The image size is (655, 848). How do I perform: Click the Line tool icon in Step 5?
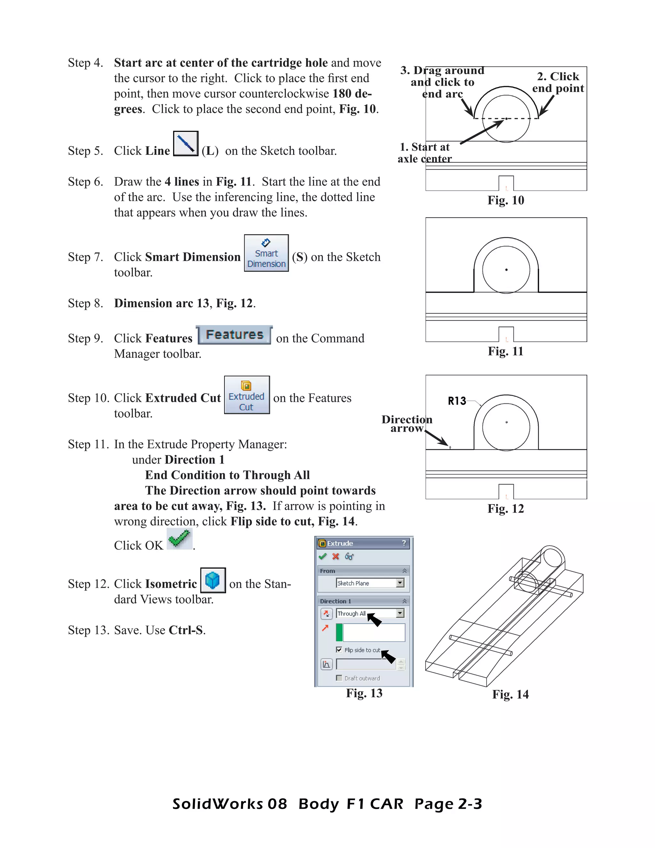185,144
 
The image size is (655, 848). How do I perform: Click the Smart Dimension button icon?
266,253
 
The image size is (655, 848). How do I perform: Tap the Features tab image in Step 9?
234,335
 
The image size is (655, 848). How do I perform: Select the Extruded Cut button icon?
247,395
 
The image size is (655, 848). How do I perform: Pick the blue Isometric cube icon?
213,580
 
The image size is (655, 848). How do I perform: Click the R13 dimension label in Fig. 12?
457,401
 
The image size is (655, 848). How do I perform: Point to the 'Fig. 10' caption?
506,200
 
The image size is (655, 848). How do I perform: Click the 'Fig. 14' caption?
510,694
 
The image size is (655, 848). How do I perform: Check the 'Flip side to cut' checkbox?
339,650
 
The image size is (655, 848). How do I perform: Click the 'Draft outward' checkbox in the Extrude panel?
339,678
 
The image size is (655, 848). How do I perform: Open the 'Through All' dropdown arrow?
400,613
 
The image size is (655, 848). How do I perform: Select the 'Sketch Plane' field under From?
366,583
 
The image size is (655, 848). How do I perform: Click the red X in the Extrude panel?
335,556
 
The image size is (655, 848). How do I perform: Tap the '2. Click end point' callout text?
558,82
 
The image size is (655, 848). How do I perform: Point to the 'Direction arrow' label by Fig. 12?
407,424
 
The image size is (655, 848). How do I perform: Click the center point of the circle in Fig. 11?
506,269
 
